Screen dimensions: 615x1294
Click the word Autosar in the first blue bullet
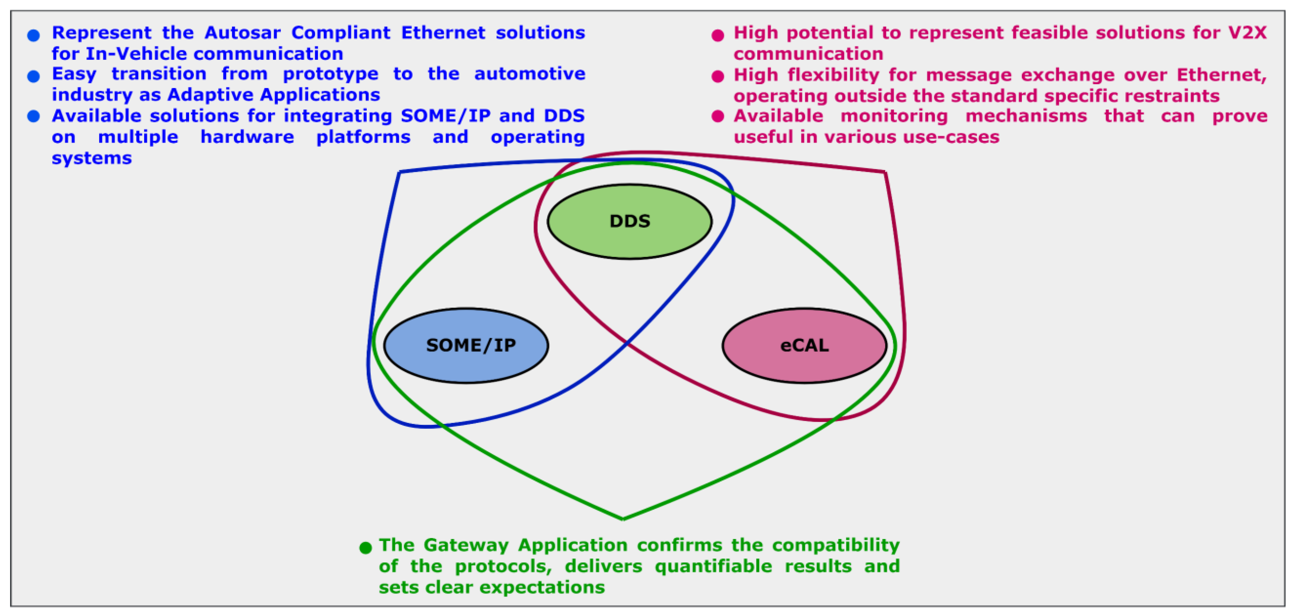point(243,33)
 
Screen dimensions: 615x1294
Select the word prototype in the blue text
point(331,74)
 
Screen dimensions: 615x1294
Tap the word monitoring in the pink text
point(894,116)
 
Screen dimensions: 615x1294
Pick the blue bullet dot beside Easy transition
point(34,76)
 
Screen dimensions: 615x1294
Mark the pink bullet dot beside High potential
point(718,35)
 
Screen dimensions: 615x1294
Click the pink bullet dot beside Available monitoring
point(718,116)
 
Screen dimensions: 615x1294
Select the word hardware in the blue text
point(247,137)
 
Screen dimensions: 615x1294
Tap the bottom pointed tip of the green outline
point(623,518)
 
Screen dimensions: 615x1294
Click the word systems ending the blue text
point(92,158)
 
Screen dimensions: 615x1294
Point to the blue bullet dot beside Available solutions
point(34,116)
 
